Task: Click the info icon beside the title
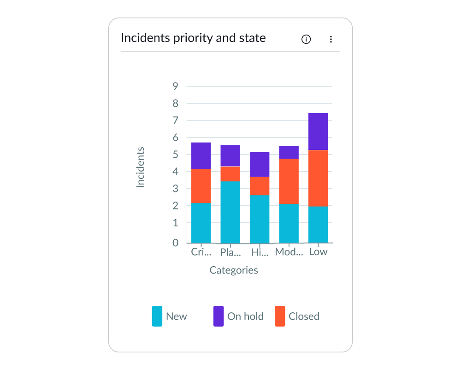[306, 39]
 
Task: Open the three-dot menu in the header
[331, 39]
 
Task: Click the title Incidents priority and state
[193, 38]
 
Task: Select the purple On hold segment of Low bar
[318, 131]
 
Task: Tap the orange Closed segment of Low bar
[318, 178]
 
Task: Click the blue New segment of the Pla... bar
[230, 212]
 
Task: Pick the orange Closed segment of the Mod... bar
[289, 181]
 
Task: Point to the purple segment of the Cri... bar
[201, 156]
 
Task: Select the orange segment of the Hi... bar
[260, 186]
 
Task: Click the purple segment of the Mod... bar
[289, 152]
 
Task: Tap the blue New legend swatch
[157, 316]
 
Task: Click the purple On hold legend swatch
[219, 316]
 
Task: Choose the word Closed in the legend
[304, 316]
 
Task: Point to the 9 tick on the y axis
[175, 86]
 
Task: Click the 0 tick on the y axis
[175, 243]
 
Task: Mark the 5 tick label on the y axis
[175, 155]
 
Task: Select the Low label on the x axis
[318, 252]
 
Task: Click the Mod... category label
[289, 252]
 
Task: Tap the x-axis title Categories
[234, 270]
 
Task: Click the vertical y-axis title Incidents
[140, 167]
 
